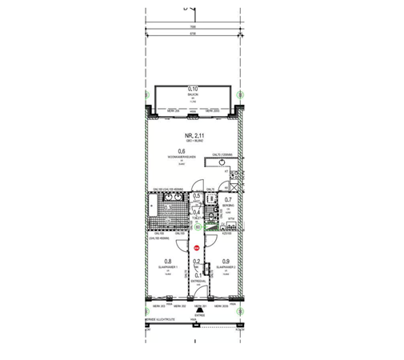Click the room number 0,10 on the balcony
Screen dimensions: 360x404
(x=193, y=89)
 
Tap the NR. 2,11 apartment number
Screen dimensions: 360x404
(x=192, y=135)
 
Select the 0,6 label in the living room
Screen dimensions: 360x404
(x=182, y=151)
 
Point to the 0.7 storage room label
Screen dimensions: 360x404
(x=227, y=200)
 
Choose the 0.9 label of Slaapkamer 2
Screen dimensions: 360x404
(x=226, y=262)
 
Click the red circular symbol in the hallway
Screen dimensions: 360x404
(x=197, y=248)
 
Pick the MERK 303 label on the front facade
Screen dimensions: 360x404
(x=158, y=306)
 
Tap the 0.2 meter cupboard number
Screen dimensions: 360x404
(x=197, y=261)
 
